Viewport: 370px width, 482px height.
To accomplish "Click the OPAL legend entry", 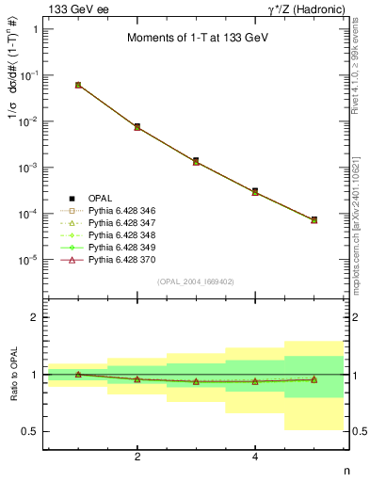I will pyautogui.click(x=100, y=199).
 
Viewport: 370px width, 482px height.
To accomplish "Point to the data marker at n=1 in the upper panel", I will pyautogui.click(x=78, y=85).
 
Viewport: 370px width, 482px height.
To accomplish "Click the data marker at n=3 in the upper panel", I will pyautogui.click(x=196, y=161).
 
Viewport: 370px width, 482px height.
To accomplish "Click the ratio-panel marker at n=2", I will pyautogui.click(x=137, y=378).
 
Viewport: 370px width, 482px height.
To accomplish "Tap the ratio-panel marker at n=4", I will pyautogui.click(x=255, y=381).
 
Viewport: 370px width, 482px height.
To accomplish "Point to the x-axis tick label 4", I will pyautogui.click(x=255, y=458).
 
